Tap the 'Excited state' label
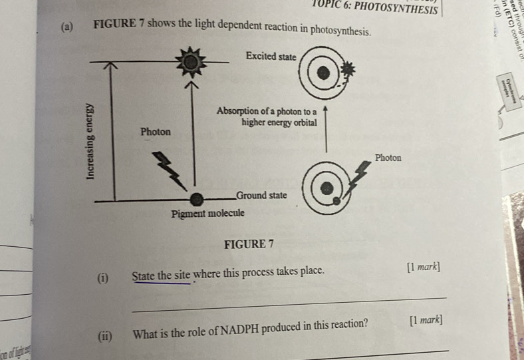[x=270, y=57]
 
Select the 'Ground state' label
[x=261, y=195]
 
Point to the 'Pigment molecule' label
[x=208, y=214]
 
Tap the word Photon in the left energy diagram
[x=156, y=132]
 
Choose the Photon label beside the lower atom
[x=388, y=158]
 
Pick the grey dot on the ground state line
[x=196, y=200]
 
